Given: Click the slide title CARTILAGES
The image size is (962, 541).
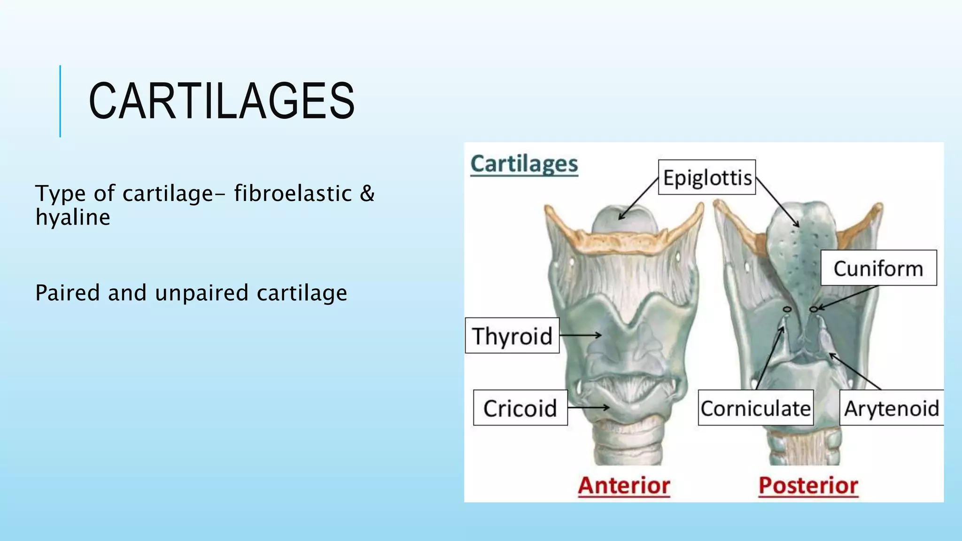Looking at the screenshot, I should click(221, 101).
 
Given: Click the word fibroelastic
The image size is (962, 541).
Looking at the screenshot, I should click(293, 193).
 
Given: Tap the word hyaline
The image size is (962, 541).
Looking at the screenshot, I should click(73, 217).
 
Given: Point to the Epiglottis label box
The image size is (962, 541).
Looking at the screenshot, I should click(706, 178).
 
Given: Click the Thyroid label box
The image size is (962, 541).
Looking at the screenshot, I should click(512, 336).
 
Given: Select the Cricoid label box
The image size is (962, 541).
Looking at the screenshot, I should click(520, 408).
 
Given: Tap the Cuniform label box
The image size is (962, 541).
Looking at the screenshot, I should click(878, 268).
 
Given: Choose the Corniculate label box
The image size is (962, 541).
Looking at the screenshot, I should click(755, 408).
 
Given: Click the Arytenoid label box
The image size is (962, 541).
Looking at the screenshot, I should click(891, 408).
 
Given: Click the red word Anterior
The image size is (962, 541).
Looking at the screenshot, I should click(624, 485).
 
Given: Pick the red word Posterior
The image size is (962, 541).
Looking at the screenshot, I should click(808, 485).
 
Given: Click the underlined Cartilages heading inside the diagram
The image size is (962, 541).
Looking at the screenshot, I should click(524, 164).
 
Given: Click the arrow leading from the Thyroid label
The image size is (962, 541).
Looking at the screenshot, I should click(581, 335).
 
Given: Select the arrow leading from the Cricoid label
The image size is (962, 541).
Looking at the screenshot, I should click(588, 407).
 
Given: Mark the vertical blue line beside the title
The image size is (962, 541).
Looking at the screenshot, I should click(60, 101).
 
